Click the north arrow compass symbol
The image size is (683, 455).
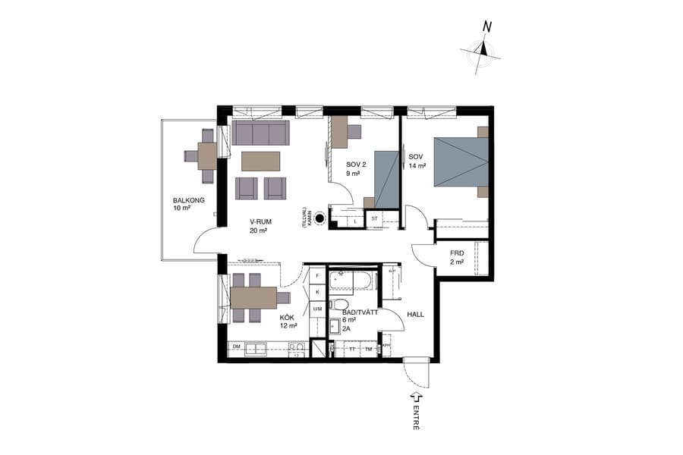click(481, 51)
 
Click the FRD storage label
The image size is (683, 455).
click(456, 253)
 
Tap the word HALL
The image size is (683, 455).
click(415, 312)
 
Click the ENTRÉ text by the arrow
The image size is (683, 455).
click(417, 417)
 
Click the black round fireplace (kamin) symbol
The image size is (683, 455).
click(319, 219)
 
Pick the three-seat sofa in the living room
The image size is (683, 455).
click(260, 134)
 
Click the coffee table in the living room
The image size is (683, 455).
click(260, 161)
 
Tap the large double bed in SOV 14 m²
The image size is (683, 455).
click(460, 162)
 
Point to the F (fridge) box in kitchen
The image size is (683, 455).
click(317, 277)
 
